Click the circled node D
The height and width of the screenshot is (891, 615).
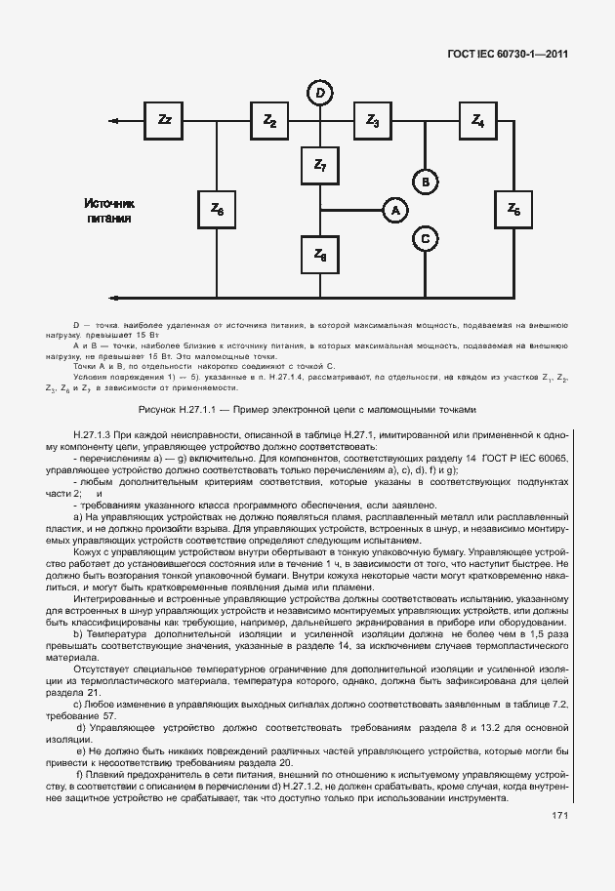point(320,93)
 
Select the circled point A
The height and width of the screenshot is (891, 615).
point(395,210)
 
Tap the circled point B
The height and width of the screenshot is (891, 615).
point(425,182)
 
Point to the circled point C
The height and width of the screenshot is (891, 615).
point(425,237)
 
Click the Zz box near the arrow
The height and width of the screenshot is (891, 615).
point(164,120)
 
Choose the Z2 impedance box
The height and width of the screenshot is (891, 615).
point(269,120)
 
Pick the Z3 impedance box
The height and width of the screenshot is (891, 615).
point(373,120)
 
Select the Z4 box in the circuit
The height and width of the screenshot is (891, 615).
point(477,120)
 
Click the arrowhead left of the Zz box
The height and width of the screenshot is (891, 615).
point(114,121)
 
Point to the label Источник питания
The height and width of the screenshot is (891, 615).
point(108,211)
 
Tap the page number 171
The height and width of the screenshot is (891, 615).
point(559,816)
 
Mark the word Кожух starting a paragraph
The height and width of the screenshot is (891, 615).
point(90,553)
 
